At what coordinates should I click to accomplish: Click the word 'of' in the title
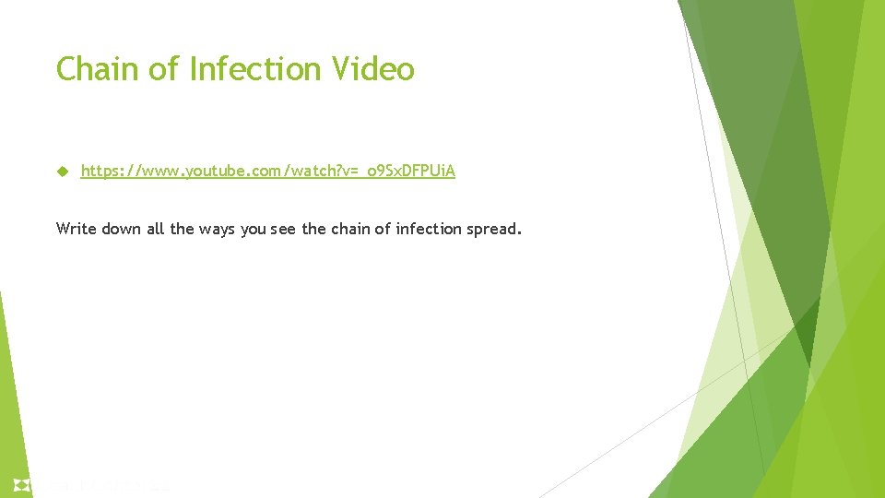coord(162,69)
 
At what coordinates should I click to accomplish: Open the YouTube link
coord(267,172)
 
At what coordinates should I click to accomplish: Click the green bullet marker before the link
coord(62,172)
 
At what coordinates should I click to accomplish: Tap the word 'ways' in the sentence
coord(215,229)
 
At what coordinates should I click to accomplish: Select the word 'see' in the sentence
coord(284,229)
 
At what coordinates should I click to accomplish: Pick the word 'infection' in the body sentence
coord(430,228)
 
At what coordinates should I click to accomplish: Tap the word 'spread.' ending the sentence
coord(494,229)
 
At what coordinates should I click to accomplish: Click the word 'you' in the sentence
coord(254,229)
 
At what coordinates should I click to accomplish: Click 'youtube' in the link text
coord(214,172)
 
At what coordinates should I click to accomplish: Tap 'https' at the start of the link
coord(99,172)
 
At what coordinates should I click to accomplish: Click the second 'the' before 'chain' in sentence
coord(313,228)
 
